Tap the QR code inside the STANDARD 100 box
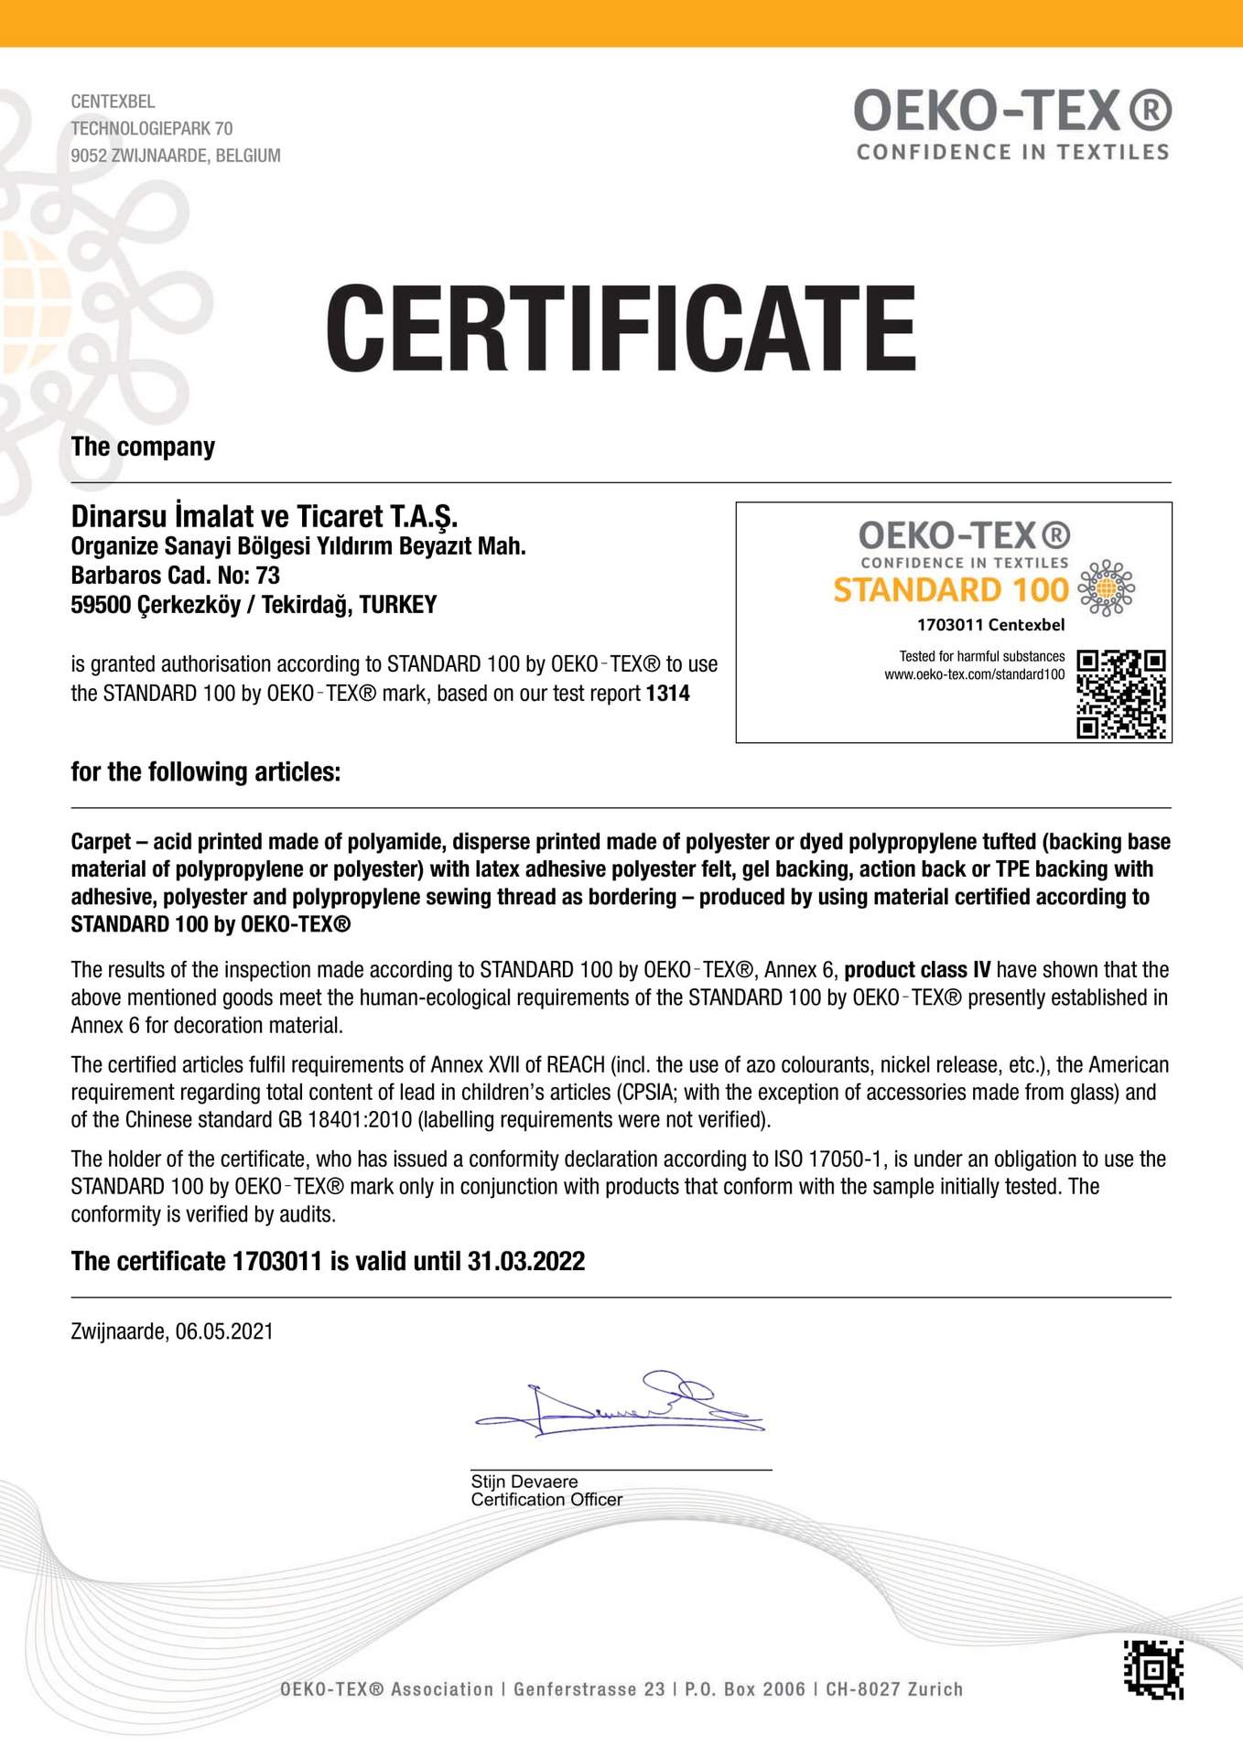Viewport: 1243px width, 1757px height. [1120, 694]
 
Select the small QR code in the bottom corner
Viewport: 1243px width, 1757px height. [1153, 1670]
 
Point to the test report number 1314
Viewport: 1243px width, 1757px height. [668, 694]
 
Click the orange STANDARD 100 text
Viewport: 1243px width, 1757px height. [950, 590]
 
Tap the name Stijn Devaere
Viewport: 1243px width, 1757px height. [524, 1482]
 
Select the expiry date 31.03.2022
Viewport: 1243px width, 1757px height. [526, 1262]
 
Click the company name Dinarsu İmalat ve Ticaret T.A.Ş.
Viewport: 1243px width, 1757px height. [265, 516]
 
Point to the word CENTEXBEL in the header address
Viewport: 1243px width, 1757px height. [113, 102]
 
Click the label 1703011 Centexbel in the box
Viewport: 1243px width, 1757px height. [990, 625]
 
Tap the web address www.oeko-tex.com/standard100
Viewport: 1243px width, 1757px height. [974, 674]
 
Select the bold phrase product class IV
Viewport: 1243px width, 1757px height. [917, 970]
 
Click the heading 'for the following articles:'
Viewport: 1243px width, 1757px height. [206, 772]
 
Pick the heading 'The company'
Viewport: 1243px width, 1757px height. [143, 447]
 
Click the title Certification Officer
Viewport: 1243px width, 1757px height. [546, 1500]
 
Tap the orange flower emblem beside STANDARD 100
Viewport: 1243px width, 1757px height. [1106, 587]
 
